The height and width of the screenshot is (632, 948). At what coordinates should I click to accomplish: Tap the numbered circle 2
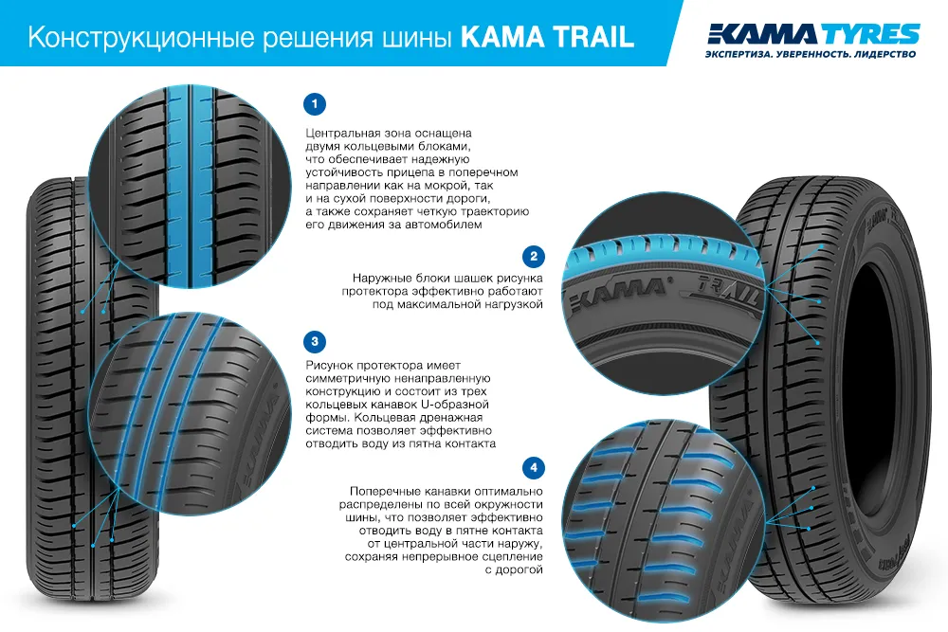click(534, 256)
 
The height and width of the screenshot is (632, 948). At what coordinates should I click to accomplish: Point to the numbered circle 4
click(534, 469)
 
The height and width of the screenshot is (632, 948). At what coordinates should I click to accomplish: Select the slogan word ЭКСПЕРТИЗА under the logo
click(738, 56)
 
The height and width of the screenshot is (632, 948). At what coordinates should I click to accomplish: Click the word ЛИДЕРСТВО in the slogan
click(881, 56)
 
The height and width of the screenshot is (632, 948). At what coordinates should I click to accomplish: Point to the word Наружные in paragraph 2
click(379, 279)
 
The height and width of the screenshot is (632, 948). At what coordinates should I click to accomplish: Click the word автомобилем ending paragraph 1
click(438, 226)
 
